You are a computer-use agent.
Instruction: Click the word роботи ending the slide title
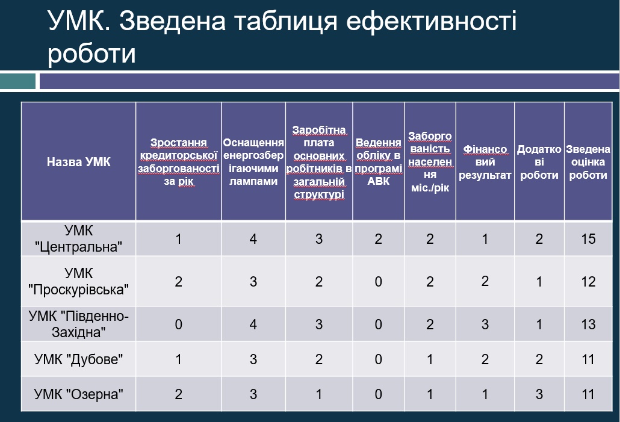[x=91, y=54]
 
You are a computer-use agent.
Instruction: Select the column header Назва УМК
[x=79, y=162]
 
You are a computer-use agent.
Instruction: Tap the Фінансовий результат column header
[x=485, y=162]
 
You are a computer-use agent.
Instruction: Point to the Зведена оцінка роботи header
[x=588, y=162]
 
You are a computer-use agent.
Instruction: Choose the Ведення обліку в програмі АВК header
[x=379, y=162]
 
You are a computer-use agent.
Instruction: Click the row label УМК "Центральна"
[x=79, y=238]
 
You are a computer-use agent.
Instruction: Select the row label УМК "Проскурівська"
[x=79, y=281]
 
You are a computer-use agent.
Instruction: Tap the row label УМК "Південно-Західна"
[x=79, y=324]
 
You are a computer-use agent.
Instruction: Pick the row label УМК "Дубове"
[x=79, y=359]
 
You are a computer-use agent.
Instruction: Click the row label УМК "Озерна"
[x=79, y=394]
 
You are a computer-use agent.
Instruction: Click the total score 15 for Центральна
[x=588, y=239]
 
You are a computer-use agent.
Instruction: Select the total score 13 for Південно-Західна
[x=588, y=324]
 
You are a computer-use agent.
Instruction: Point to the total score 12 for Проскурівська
[x=588, y=282]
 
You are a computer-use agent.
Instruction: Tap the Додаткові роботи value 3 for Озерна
[x=539, y=394]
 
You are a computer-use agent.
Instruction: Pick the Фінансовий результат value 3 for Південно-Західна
[x=485, y=324]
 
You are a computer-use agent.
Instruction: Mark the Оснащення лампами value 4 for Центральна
[x=253, y=239]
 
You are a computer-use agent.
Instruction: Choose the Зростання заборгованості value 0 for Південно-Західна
[x=178, y=324]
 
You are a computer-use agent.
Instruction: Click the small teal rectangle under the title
[x=18, y=81]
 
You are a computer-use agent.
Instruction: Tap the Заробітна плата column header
[x=319, y=162]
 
